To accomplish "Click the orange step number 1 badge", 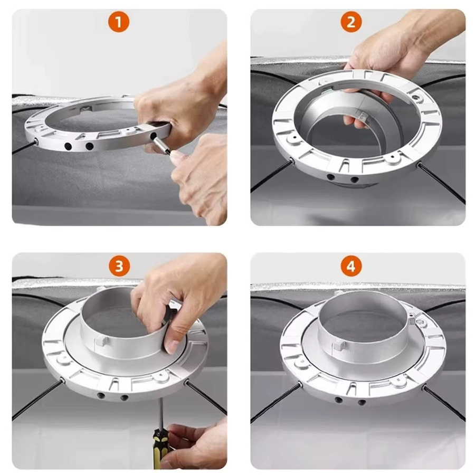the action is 118,22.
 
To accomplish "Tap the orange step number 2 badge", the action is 351,22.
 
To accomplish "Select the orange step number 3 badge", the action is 119,266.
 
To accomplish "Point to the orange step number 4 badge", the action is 351,266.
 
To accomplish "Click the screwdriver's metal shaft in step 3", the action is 161,413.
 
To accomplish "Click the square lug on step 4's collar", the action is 339,345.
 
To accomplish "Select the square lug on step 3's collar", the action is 102,341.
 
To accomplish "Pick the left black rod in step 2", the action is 271,176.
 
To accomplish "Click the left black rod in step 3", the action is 37,400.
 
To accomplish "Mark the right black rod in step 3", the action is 206,398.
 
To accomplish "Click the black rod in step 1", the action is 24,147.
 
